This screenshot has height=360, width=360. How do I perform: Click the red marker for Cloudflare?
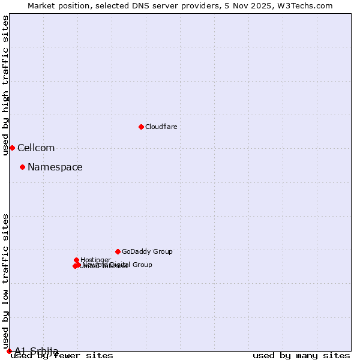coord(141,127)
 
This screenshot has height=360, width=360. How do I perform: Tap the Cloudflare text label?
coord(161,127)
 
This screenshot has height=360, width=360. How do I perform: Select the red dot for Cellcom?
coord(12,148)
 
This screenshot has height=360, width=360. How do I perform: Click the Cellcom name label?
coord(36,148)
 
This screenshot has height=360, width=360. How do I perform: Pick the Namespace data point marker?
coord(22,167)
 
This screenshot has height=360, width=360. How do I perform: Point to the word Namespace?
coord(55,167)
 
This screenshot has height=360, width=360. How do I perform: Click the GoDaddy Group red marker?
coord(118,251)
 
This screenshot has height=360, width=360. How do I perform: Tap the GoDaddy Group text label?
coord(147,252)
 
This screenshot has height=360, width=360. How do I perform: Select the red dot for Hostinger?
coord(77,260)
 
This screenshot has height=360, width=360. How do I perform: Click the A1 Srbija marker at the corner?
coord(9,351)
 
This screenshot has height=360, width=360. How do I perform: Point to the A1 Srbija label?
coord(37,350)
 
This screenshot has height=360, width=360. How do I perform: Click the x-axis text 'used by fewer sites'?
coord(62,356)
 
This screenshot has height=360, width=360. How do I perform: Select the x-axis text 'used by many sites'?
coord(301,356)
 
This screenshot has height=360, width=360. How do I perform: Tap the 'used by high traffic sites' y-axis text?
coord(5,85)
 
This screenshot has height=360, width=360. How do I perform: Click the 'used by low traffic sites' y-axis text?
coord(5,281)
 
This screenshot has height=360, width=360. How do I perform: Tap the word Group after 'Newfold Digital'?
coord(142,265)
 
